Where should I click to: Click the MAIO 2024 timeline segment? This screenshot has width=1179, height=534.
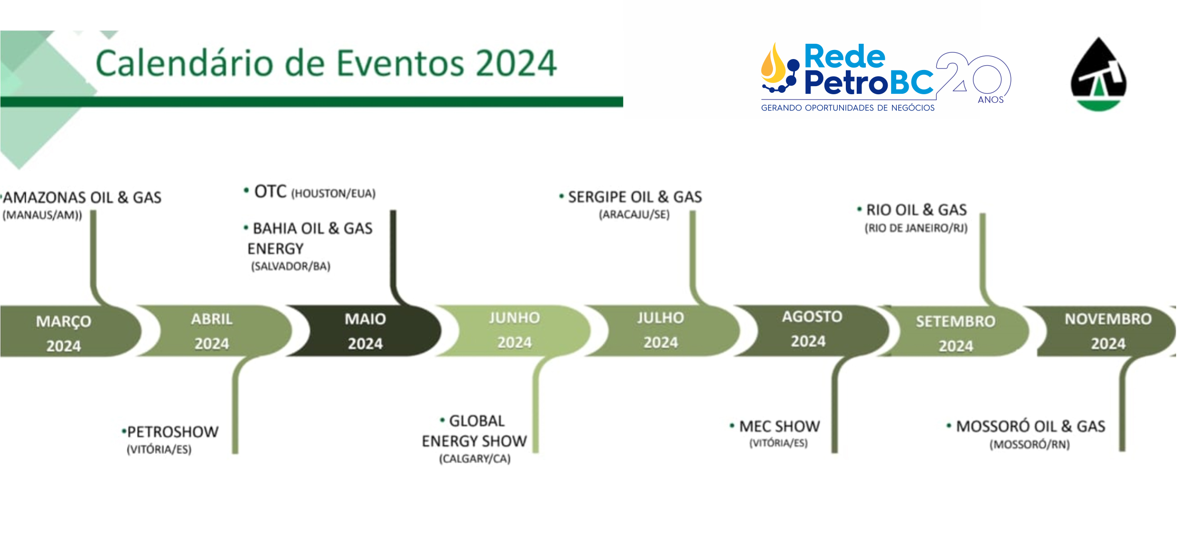(x=366, y=331)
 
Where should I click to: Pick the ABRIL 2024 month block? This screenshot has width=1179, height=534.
(x=212, y=331)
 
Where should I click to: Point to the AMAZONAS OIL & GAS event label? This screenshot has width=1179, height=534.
(x=82, y=198)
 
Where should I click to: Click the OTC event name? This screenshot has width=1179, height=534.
(x=270, y=191)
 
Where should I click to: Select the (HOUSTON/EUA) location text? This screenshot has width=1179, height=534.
(x=333, y=193)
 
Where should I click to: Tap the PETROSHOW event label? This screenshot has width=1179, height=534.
(x=172, y=432)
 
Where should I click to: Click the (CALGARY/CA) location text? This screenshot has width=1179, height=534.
(x=475, y=458)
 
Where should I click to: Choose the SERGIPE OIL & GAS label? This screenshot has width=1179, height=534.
(x=635, y=197)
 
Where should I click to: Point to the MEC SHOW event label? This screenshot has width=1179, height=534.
(x=779, y=426)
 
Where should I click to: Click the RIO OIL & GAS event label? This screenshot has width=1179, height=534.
(x=916, y=209)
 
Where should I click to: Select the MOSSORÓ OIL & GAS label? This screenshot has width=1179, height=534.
(x=1030, y=426)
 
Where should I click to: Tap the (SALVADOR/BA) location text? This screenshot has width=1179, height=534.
(x=291, y=266)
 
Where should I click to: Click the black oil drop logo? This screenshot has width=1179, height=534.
(x=1099, y=74)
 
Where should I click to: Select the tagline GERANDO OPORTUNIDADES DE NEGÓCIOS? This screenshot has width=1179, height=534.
(x=848, y=108)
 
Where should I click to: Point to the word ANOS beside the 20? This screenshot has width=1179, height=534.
(x=991, y=99)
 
